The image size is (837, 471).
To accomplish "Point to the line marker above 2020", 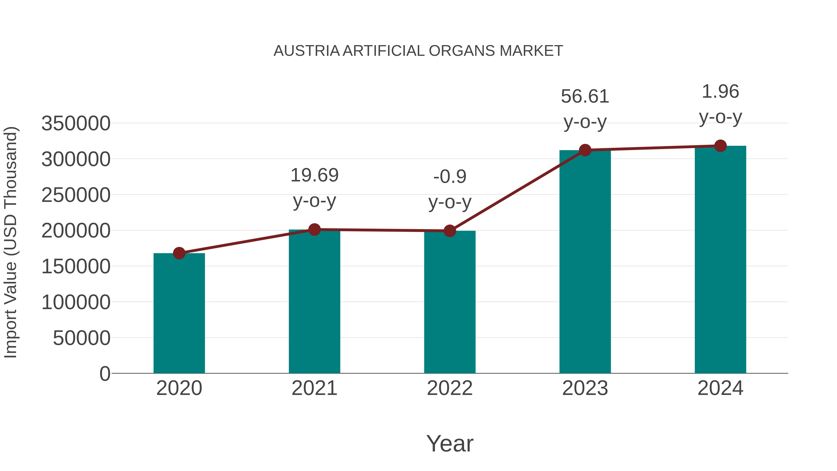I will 179,253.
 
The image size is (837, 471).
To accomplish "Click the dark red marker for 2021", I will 314,230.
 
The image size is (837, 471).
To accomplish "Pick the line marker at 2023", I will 585,150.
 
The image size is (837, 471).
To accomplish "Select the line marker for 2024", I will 720,146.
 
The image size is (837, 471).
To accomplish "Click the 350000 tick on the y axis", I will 76,124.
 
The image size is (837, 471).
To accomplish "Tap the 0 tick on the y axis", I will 105,374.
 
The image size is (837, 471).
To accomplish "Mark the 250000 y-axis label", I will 76,195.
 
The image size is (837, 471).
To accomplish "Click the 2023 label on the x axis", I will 585,388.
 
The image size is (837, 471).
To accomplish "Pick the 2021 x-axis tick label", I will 314,388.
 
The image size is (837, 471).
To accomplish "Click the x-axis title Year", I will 450,443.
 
